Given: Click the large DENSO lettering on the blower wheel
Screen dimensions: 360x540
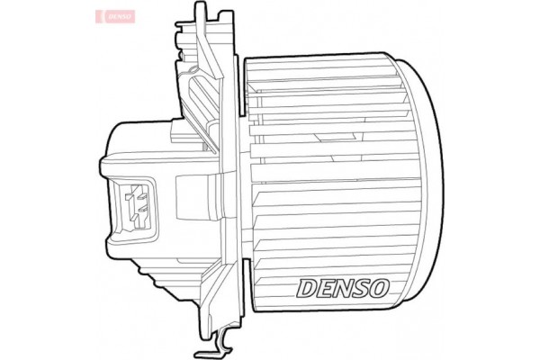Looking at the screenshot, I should [343, 289].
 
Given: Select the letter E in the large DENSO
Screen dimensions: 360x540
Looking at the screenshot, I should [325, 289].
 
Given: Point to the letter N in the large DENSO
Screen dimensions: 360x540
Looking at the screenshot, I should [343, 289].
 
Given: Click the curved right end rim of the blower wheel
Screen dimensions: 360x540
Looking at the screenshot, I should [430, 180].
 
